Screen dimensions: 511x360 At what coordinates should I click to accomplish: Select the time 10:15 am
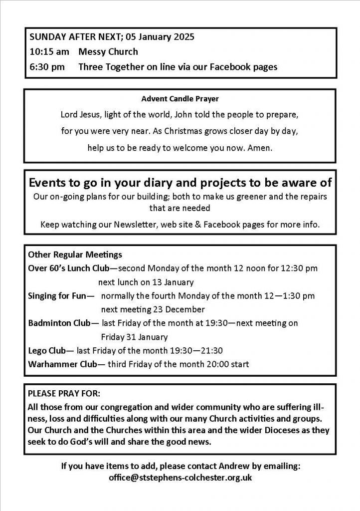[x=46, y=52]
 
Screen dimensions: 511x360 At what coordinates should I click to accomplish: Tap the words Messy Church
[x=108, y=52]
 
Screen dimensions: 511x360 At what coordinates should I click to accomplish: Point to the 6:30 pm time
[x=46, y=66]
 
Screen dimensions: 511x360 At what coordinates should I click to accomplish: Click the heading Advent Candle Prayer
[x=180, y=99]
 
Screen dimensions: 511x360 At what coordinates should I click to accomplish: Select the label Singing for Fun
[x=57, y=296]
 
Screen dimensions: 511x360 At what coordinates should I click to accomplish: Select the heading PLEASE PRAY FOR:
[x=64, y=392]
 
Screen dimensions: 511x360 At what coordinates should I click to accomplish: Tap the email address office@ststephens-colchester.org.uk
[x=180, y=478]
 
